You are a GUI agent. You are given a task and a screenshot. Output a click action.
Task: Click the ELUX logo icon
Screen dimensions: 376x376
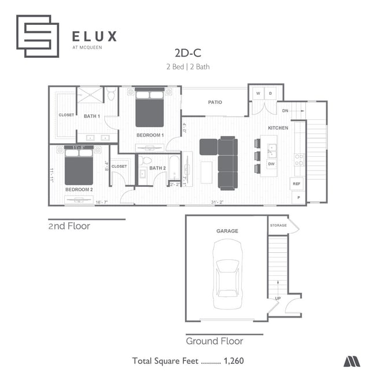click(x=38, y=36)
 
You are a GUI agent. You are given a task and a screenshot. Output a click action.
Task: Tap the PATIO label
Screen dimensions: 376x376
click(x=215, y=102)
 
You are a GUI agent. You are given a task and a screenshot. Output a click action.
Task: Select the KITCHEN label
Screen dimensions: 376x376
click(x=278, y=127)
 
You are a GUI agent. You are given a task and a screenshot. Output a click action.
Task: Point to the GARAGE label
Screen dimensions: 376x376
click(x=227, y=231)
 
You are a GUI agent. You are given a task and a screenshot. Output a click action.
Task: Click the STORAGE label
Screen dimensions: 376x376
click(x=278, y=225)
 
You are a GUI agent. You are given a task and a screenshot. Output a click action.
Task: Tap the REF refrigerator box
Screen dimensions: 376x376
click(x=297, y=184)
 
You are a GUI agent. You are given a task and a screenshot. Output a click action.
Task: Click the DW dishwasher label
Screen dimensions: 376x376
click(x=271, y=164)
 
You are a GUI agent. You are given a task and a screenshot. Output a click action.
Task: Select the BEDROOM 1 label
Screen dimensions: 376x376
click(x=150, y=135)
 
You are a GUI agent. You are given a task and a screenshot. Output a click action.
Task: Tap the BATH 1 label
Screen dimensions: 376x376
click(x=92, y=116)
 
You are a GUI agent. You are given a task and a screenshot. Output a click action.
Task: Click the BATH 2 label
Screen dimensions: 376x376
click(x=157, y=168)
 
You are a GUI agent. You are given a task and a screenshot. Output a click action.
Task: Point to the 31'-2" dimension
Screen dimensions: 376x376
click(x=216, y=202)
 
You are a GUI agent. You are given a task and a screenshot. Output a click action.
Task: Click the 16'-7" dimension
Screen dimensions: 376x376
click(x=102, y=202)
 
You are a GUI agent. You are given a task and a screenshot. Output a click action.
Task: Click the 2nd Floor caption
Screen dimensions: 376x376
click(x=69, y=226)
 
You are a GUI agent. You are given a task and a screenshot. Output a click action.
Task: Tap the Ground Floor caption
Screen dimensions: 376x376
click(x=214, y=341)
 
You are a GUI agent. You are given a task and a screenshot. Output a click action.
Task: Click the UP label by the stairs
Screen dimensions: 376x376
click(x=278, y=299)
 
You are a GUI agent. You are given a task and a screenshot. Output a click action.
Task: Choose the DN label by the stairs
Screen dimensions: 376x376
click(x=285, y=110)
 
